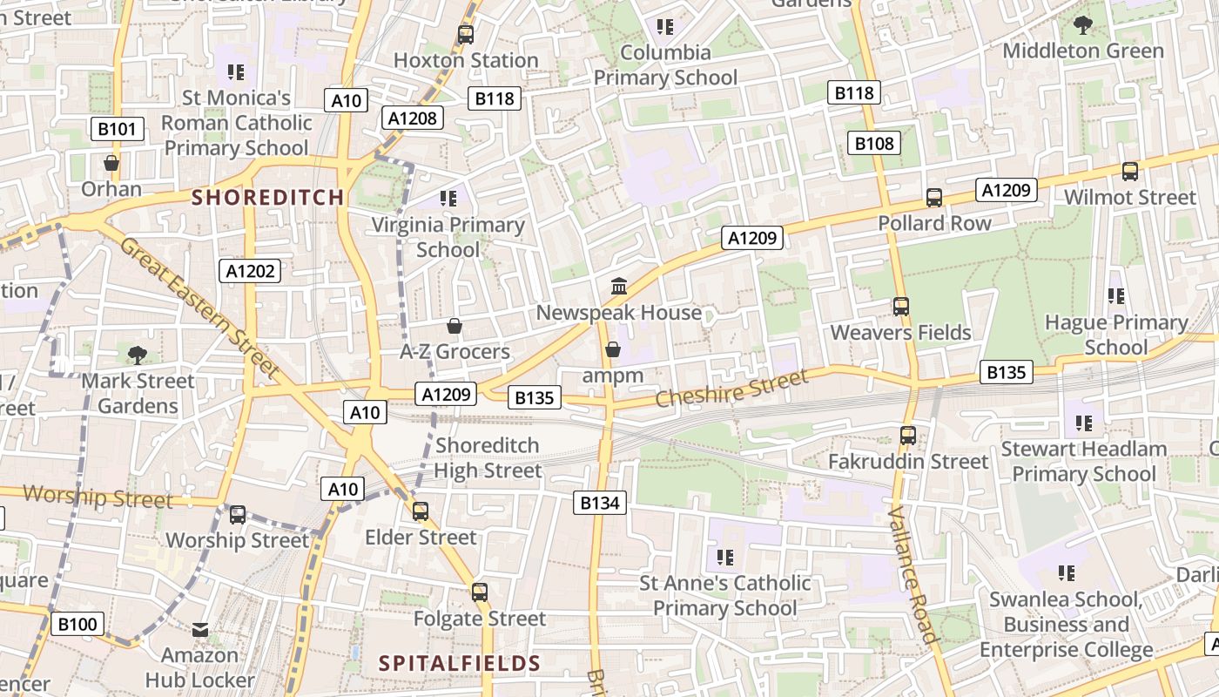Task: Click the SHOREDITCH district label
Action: pyautogui.click(x=268, y=197)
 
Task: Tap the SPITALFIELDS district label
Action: pyautogui.click(x=460, y=664)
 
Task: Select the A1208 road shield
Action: pyautogui.click(x=414, y=118)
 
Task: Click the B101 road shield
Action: pyautogui.click(x=117, y=130)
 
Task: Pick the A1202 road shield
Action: pyautogui.click(x=250, y=271)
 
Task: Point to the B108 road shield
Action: pyautogui.click(x=873, y=144)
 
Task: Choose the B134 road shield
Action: pyautogui.click(x=599, y=502)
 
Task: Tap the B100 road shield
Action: pyautogui.click(x=77, y=624)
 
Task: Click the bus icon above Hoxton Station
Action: pyautogui.click(x=466, y=35)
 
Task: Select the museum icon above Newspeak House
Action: pyautogui.click(x=619, y=286)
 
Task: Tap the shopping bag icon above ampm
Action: pyautogui.click(x=613, y=349)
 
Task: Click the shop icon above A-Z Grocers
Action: pyautogui.click(x=454, y=326)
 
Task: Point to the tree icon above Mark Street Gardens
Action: pyautogui.click(x=137, y=355)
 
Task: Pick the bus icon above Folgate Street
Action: pyautogui.click(x=479, y=592)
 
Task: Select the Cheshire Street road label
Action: pyautogui.click(x=731, y=389)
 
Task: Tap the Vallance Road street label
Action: pyautogui.click(x=913, y=574)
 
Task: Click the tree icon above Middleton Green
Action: pyautogui.click(x=1083, y=24)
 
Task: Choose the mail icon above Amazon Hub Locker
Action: pyautogui.click(x=200, y=629)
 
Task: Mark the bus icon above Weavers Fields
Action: pyautogui.click(x=900, y=307)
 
